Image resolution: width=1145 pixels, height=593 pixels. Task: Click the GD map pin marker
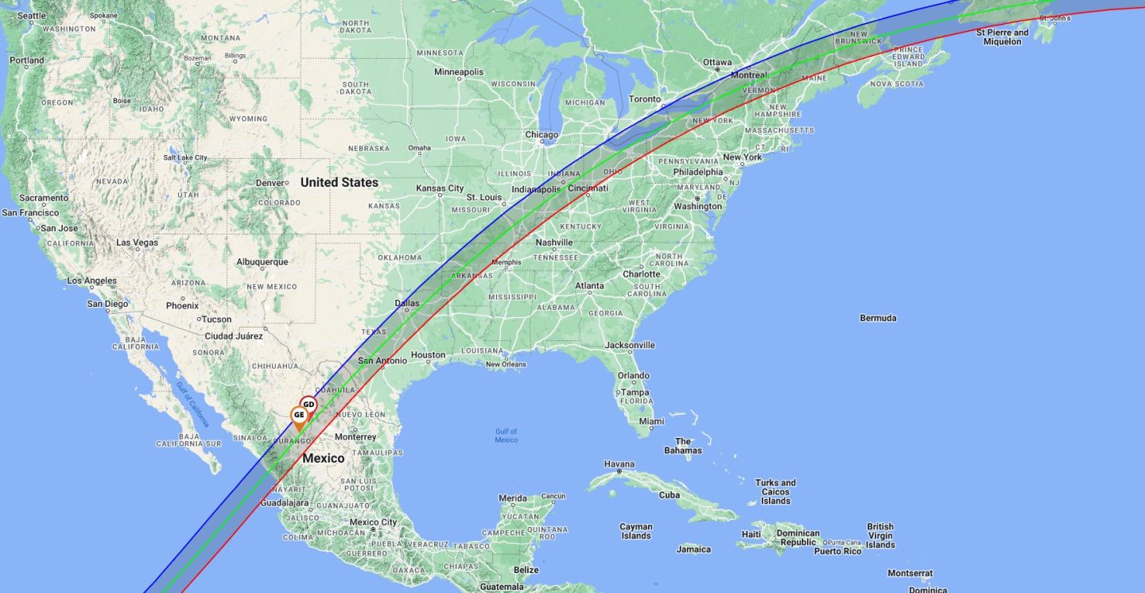point(309,405)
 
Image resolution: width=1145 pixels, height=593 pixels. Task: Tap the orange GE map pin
point(299,415)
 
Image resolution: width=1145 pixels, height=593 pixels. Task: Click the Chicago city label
point(541,134)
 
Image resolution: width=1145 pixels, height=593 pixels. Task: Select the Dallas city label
point(406,303)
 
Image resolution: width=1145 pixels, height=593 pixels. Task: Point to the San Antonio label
point(382,360)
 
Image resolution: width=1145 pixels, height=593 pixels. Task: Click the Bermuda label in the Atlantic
point(878,318)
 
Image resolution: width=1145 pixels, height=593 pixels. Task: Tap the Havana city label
point(619,464)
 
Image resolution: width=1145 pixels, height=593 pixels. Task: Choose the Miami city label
point(651,421)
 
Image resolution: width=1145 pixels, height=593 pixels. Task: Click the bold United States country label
point(339,182)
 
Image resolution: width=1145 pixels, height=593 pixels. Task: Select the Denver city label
point(270,183)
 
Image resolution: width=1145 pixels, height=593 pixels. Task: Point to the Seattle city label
point(32,16)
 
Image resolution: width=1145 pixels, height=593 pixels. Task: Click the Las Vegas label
point(137,242)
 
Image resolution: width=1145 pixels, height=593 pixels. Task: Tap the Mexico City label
point(374,522)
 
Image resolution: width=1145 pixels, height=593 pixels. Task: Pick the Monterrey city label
point(355,436)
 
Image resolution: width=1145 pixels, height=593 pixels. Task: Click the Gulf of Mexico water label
point(506,436)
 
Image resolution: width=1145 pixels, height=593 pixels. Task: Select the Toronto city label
point(644,99)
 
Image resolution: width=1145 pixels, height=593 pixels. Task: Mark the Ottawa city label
point(716,62)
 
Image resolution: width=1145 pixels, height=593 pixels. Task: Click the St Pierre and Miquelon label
point(1002,37)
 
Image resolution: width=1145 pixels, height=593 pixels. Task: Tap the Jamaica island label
point(693,549)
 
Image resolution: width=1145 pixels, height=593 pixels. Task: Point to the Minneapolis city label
point(458,72)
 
